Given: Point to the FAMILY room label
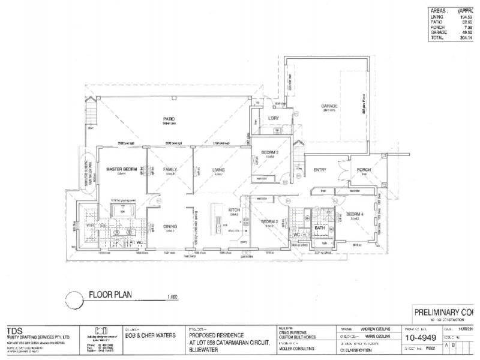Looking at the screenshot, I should click(x=170, y=170).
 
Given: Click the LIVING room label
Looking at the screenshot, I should click(x=218, y=170).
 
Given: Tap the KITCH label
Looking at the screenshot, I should click(x=235, y=209).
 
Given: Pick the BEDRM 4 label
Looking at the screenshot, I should click(x=355, y=214).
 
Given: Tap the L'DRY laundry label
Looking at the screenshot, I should click(x=275, y=118).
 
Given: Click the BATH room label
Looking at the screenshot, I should click(x=319, y=227).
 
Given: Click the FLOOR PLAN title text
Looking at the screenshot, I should click(x=110, y=295).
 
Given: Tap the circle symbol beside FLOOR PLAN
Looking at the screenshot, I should click(x=73, y=298).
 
